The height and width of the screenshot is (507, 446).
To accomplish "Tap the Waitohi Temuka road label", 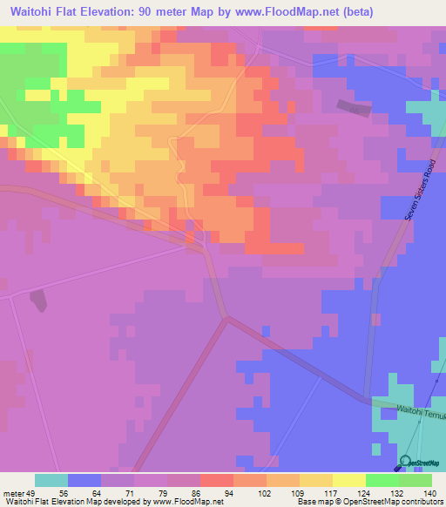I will (x=421, y=412).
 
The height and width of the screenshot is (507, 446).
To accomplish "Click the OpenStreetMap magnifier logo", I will (x=405, y=461).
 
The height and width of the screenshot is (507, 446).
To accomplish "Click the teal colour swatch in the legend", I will (x=51, y=480).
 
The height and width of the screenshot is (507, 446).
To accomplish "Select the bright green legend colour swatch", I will (x=382, y=480).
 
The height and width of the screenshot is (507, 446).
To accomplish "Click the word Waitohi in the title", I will (x=37, y=11).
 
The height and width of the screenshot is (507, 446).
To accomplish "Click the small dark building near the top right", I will (x=351, y=106).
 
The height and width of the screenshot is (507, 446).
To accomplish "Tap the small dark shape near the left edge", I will (x=38, y=300).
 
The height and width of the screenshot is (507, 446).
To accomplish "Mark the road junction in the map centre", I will (x=227, y=318).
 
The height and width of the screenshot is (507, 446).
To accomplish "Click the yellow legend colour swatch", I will (x=348, y=480).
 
